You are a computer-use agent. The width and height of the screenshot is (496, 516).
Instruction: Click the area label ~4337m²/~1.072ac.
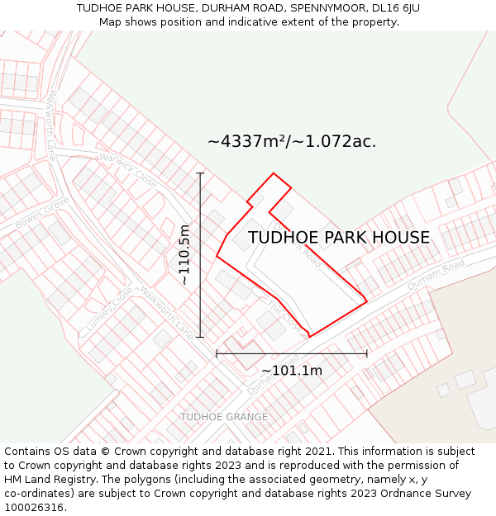[x=292, y=141]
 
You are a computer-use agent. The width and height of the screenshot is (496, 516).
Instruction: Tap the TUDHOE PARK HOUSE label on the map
[x=339, y=238]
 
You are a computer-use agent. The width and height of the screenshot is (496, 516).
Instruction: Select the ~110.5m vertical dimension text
[x=184, y=255]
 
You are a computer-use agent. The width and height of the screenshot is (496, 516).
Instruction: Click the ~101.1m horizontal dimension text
[x=292, y=371]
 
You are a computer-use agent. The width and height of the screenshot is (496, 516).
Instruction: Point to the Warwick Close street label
[x=128, y=168]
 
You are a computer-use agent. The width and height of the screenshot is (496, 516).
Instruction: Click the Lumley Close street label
[x=108, y=310]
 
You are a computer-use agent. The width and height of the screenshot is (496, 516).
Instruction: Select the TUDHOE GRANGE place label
[x=224, y=417]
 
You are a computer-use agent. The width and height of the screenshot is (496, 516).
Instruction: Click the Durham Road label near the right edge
[x=436, y=275]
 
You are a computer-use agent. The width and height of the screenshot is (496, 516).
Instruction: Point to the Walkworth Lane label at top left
[x=51, y=125]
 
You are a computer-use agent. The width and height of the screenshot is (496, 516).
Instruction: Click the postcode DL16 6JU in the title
[x=391, y=7]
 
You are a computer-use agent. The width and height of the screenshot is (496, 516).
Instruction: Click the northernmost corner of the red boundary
[x=274, y=173]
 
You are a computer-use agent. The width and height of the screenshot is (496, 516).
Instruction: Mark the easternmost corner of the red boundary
[x=367, y=301]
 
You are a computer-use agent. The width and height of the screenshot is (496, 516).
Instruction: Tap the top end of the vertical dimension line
[x=200, y=173]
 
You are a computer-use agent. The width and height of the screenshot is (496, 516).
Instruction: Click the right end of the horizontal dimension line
[x=367, y=354]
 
